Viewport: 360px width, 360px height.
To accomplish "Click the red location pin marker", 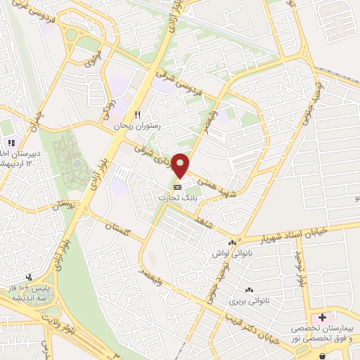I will [181, 166].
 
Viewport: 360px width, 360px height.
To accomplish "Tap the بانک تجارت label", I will [177, 198].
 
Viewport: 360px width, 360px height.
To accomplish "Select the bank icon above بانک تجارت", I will [177, 188].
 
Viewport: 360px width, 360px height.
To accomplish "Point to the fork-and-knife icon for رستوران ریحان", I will [138, 115].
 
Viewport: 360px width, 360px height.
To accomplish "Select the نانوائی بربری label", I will [248, 300].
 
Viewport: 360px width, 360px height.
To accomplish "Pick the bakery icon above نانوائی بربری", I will [248, 290].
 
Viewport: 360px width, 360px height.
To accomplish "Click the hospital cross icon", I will [322, 318].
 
